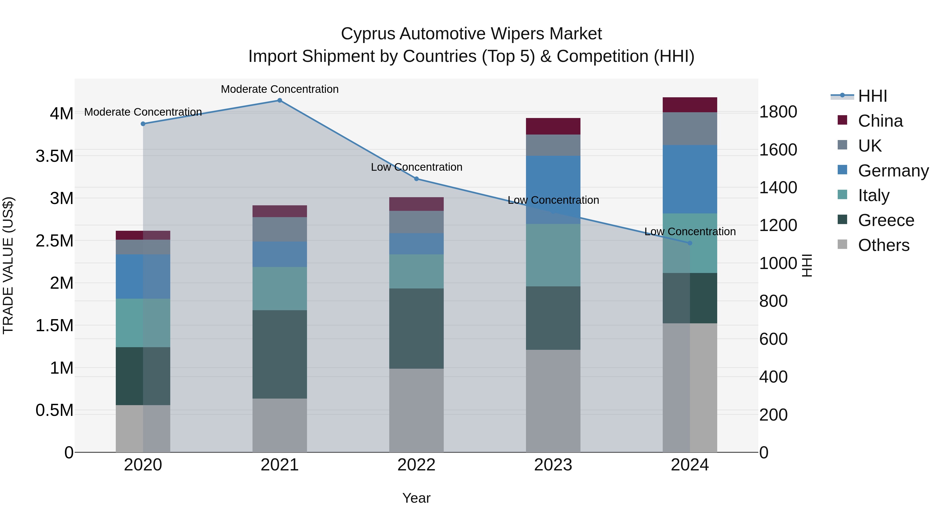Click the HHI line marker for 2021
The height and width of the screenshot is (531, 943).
coord(280,100)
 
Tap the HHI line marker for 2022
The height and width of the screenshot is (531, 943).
coord(416,179)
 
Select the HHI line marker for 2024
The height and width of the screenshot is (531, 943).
coord(690,243)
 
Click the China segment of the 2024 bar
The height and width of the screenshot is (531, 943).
coord(690,105)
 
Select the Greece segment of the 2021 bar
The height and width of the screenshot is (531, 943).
coord(280,354)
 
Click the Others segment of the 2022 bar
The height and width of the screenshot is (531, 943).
coord(416,410)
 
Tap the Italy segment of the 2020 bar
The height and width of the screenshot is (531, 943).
coord(143,323)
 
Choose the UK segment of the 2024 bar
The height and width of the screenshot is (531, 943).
coord(690,129)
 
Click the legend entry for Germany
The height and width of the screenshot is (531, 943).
coord(893,171)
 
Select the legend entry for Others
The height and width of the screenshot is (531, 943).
coord(883,245)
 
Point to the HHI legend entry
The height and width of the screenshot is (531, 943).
coord(872,96)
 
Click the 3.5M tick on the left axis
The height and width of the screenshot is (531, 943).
coord(54,156)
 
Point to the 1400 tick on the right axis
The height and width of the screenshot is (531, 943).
coord(778,188)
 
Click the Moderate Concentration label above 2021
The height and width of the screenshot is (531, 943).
coord(280,89)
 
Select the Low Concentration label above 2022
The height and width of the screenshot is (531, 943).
coord(416,167)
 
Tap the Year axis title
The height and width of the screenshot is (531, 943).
coord(416,498)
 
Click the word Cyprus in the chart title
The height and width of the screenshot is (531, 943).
coord(368,34)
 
